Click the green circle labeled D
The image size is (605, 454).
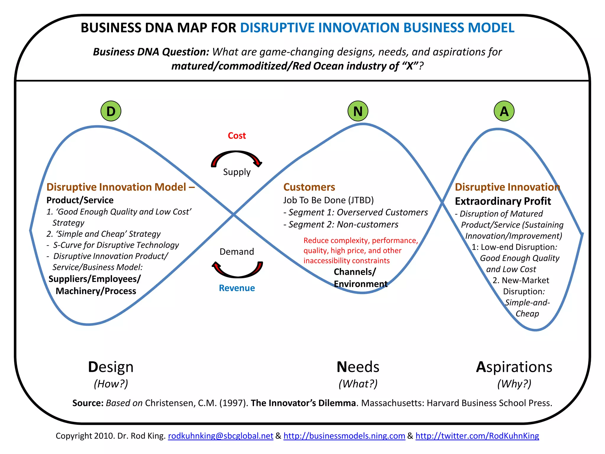pos(111,111)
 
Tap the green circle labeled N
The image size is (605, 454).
pos(358,111)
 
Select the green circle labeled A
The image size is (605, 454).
pos(504,111)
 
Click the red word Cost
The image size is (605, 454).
pos(237,136)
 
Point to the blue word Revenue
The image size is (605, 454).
pos(237,288)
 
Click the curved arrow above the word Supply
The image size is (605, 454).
pos(237,157)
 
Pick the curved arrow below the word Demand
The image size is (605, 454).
pos(238,270)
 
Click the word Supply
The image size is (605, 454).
pos(237,172)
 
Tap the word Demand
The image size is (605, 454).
pos(237,252)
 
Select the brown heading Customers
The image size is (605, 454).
pos(309,187)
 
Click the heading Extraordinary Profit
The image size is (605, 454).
pos(503,201)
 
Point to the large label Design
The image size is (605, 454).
pos(111,367)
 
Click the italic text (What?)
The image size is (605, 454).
pos(358,384)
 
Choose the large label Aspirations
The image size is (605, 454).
pos(514,367)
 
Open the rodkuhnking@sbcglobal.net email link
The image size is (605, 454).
pos(220,436)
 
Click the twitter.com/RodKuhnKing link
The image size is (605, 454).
pos(477,436)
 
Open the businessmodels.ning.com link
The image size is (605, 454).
pos(344,436)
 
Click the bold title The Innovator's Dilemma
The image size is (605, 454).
pos(303,403)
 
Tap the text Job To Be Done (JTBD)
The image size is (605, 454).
pos(328,200)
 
